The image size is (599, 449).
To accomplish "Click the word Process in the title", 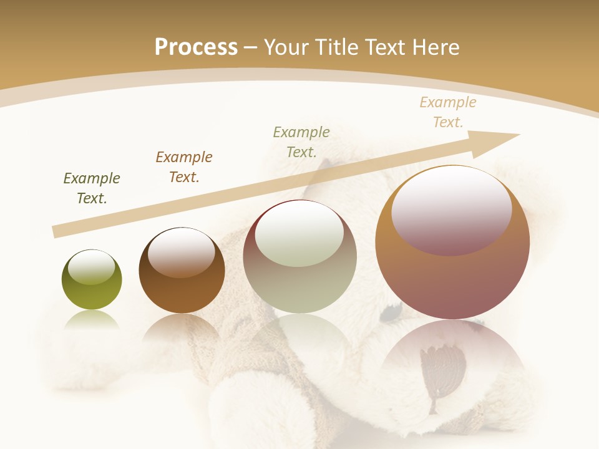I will pos(196,47).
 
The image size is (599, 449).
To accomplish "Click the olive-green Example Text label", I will pos(92,188).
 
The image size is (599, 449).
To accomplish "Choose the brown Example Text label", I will pos(184,167).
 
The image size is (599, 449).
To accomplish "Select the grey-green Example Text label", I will pos(301,142).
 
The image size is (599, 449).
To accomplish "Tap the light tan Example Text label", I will pos(448,112).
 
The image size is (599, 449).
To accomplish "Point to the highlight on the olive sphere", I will pos(92,267).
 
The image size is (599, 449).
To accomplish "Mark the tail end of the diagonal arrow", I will pos(57,232).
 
